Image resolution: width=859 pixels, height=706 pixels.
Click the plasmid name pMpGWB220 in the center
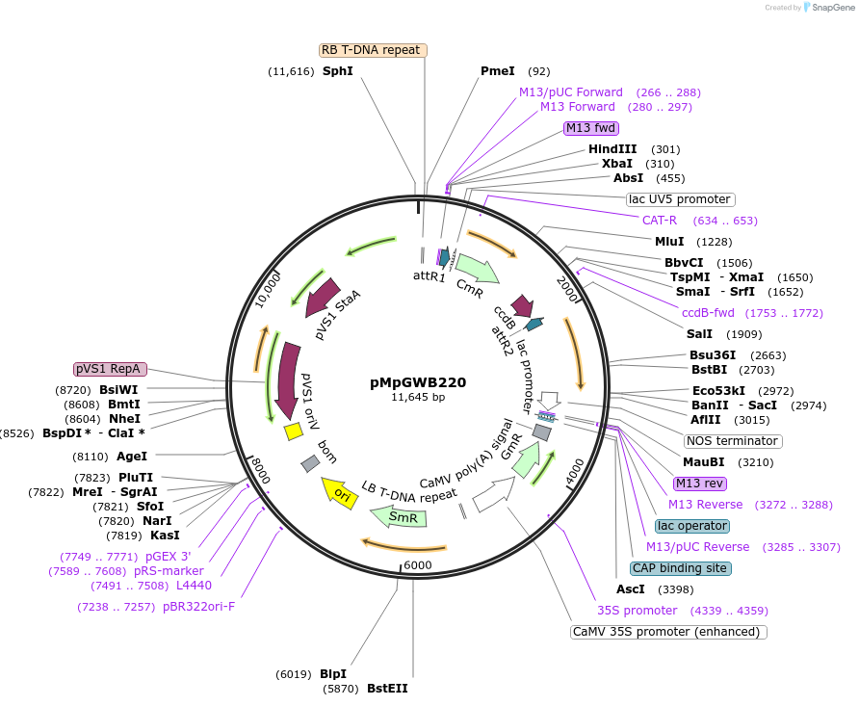(418, 381)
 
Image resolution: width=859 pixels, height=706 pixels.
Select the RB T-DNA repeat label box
(373, 50)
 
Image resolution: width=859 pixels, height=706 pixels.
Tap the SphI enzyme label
(337, 71)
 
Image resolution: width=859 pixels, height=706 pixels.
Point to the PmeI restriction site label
(498, 71)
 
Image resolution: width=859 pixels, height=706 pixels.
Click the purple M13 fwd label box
(591, 128)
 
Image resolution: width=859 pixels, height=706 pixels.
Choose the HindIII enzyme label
(612, 149)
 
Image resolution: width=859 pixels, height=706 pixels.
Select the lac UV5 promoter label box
(679, 199)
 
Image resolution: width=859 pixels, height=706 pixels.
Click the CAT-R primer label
(660, 221)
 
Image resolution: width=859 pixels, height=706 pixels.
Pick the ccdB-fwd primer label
(708, 313)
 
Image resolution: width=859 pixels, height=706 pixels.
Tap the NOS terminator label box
(732, 441)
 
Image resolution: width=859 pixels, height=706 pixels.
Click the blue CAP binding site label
(680, 568)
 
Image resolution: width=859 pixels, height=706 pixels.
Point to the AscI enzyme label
(630, 589)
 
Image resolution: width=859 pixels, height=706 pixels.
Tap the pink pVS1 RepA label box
(110, 369)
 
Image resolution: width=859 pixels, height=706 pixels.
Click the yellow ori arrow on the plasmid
(339, 492)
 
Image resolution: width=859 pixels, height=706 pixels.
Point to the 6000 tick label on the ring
(418, 565)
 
